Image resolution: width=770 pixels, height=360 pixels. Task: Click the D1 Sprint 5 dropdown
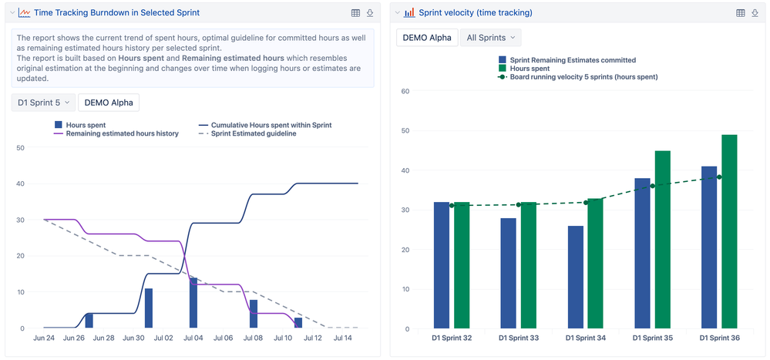tap(42, 103)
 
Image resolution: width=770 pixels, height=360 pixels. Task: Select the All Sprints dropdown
tap(490, 38)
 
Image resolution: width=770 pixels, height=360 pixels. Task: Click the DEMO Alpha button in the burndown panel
tap(109, 103)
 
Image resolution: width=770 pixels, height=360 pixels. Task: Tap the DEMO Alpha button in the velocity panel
tap(427, 38)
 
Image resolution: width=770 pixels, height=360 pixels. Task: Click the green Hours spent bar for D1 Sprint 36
tap(729, 231)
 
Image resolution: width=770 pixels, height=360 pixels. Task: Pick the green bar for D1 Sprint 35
tap(662, 239)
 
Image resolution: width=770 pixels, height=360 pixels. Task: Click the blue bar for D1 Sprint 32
tap(442, 265)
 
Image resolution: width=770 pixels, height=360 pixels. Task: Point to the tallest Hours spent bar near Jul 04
tap(193, 303)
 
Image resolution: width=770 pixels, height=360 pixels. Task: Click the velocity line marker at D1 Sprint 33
tap(518, 205)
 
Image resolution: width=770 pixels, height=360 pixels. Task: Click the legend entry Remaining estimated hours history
tap(122, 133)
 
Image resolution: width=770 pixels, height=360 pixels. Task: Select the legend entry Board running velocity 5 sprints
tap(583, 77)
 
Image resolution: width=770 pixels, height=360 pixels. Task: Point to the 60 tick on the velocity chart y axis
tap(405, 91)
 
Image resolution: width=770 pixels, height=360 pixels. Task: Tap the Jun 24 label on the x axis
tap(44, 338)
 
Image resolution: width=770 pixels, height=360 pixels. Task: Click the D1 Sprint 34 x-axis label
tap(586, 338)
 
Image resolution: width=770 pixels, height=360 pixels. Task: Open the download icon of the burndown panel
tap(370, 13)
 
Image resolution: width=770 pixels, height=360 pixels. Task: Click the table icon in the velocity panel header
tap(741, 13)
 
